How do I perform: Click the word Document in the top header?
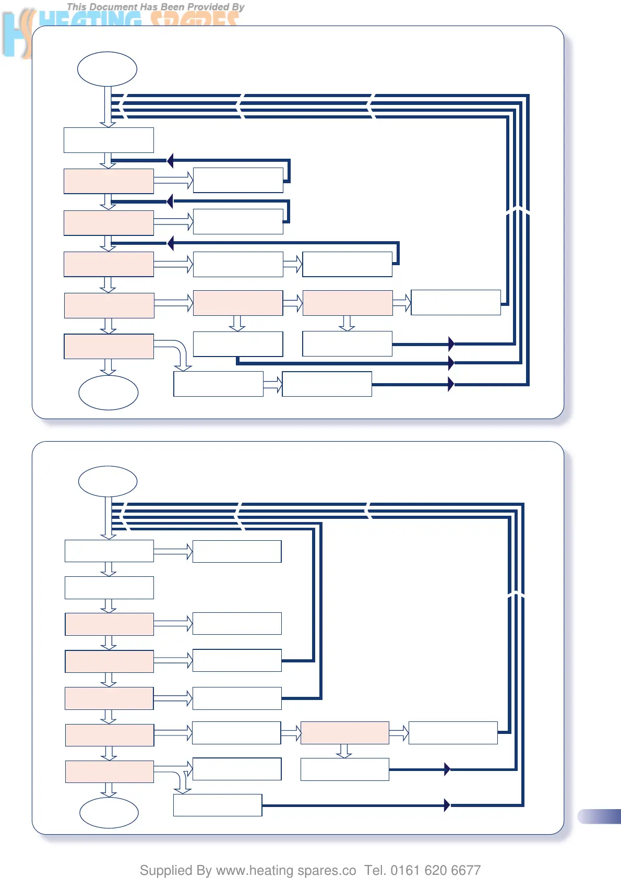point(114,7)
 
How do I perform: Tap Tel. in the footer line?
point(375,870)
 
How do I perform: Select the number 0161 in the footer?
point(405,870)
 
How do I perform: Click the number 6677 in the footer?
point(465,870)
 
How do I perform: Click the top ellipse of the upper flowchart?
point(107,69)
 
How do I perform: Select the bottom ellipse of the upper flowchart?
point(108,393)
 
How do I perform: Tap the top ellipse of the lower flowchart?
point(108,481)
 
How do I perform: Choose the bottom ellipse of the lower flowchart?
point(109,812)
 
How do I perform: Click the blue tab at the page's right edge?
point(600,816)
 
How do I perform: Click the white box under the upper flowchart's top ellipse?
point(109,140)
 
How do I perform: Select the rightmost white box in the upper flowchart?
point(456,303)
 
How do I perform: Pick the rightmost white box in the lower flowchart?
point(453,733)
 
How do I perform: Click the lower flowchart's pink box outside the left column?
point(345,733)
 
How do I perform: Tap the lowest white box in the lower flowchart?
point(217,805)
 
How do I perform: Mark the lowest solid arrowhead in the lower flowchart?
point(447,805)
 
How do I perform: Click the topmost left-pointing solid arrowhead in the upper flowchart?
point(170,160)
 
